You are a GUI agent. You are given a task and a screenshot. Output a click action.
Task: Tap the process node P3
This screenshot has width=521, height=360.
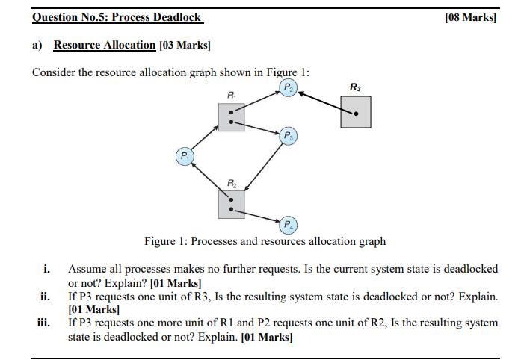(287, 136)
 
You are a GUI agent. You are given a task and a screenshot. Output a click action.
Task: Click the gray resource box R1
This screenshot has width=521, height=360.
(232, 117)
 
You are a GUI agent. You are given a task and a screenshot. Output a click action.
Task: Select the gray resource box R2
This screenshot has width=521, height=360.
(232, 204)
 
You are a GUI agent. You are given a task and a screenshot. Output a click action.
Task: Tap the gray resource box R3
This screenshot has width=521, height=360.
(355, 114)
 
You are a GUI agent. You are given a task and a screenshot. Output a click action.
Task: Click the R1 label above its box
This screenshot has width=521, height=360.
(232, 95)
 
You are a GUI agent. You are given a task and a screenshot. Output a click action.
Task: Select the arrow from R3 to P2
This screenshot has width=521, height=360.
(323, 102)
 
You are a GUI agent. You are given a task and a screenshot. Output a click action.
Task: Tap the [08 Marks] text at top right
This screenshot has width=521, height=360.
(470, 17)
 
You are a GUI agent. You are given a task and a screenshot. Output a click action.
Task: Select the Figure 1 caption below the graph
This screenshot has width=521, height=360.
(265, 241)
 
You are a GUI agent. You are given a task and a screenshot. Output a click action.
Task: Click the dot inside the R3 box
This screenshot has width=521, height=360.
(356, 114)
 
